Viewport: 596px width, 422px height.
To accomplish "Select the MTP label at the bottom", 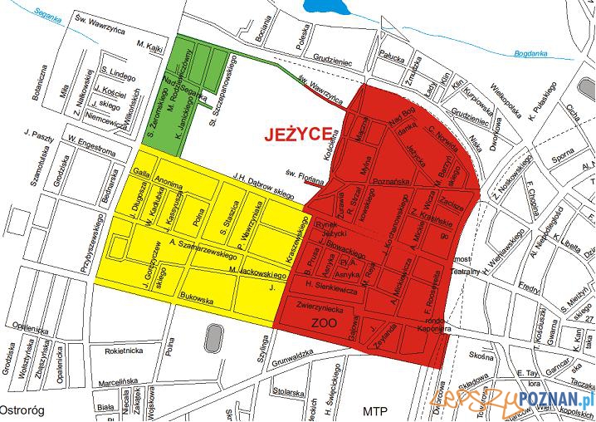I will pyautogui.click(x=375, y=411).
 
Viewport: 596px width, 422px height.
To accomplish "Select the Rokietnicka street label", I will pyautogui.click(x=125, y=351).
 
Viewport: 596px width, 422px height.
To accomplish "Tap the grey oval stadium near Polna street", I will pyautogui.click(x=213, y=337).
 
